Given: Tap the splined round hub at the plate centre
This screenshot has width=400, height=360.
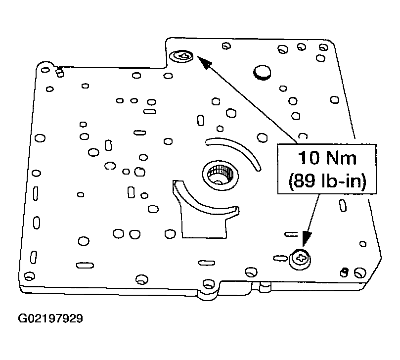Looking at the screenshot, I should pyautogui.click(x=219, y=174).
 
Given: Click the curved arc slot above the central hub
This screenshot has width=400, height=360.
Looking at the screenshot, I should pyautogui.click(x=235, y=151).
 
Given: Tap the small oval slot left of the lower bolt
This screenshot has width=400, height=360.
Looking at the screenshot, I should pyautogui.click(x=280, y=257).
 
